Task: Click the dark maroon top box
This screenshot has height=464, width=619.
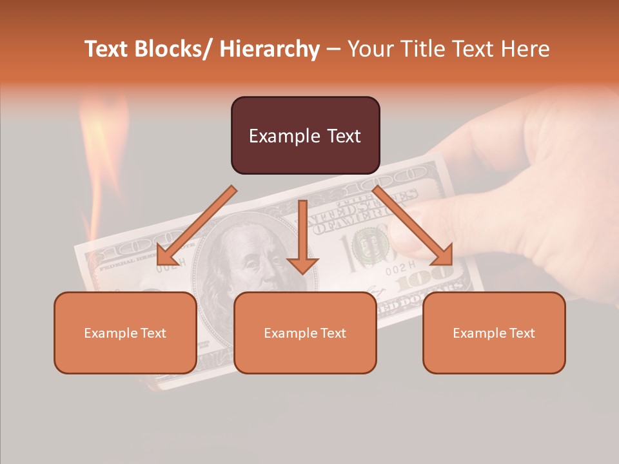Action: [305, 135]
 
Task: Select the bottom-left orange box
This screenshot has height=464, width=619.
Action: [125, 333]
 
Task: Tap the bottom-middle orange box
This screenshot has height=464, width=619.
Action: [305, 333]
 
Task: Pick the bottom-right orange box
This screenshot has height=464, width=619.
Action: [494, 333]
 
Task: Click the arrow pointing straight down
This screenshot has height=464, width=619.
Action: [302, 238]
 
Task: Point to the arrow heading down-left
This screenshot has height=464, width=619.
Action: [193, 229]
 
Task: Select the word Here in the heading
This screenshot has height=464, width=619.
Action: [526, 49]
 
